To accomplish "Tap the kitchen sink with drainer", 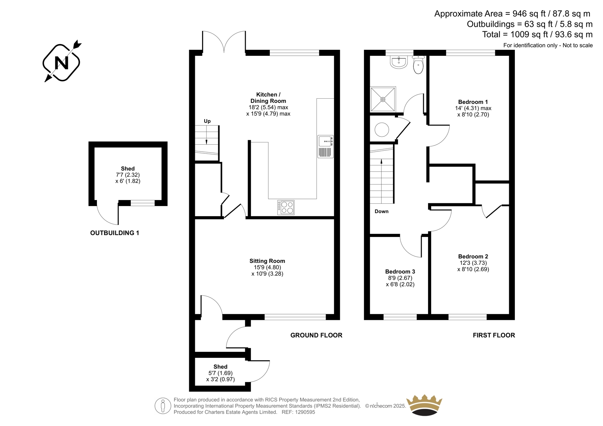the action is coord(326,147).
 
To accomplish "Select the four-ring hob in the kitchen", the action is coord(286,207).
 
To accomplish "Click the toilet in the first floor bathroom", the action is coord(418,64).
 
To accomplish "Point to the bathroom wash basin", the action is coord(399,63).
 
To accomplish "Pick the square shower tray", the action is coord(383,99).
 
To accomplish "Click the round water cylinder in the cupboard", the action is coord(382,130).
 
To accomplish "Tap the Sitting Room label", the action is coord(267,261).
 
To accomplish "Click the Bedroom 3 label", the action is coord(400,272).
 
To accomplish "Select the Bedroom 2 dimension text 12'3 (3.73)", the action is coord(473,263).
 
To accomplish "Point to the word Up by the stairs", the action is coord(207,121).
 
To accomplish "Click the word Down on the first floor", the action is coord(381,212).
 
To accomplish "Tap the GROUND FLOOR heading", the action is coord(316,335).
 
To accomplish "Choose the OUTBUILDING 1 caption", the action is coord(115,233).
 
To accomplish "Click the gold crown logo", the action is coord(424,405).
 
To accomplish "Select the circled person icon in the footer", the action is coord(163,406).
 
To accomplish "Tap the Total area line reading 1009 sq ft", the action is coord(537,34).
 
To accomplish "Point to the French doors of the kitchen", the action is coord(224,42).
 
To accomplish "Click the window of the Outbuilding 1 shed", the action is coord(143,203).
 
